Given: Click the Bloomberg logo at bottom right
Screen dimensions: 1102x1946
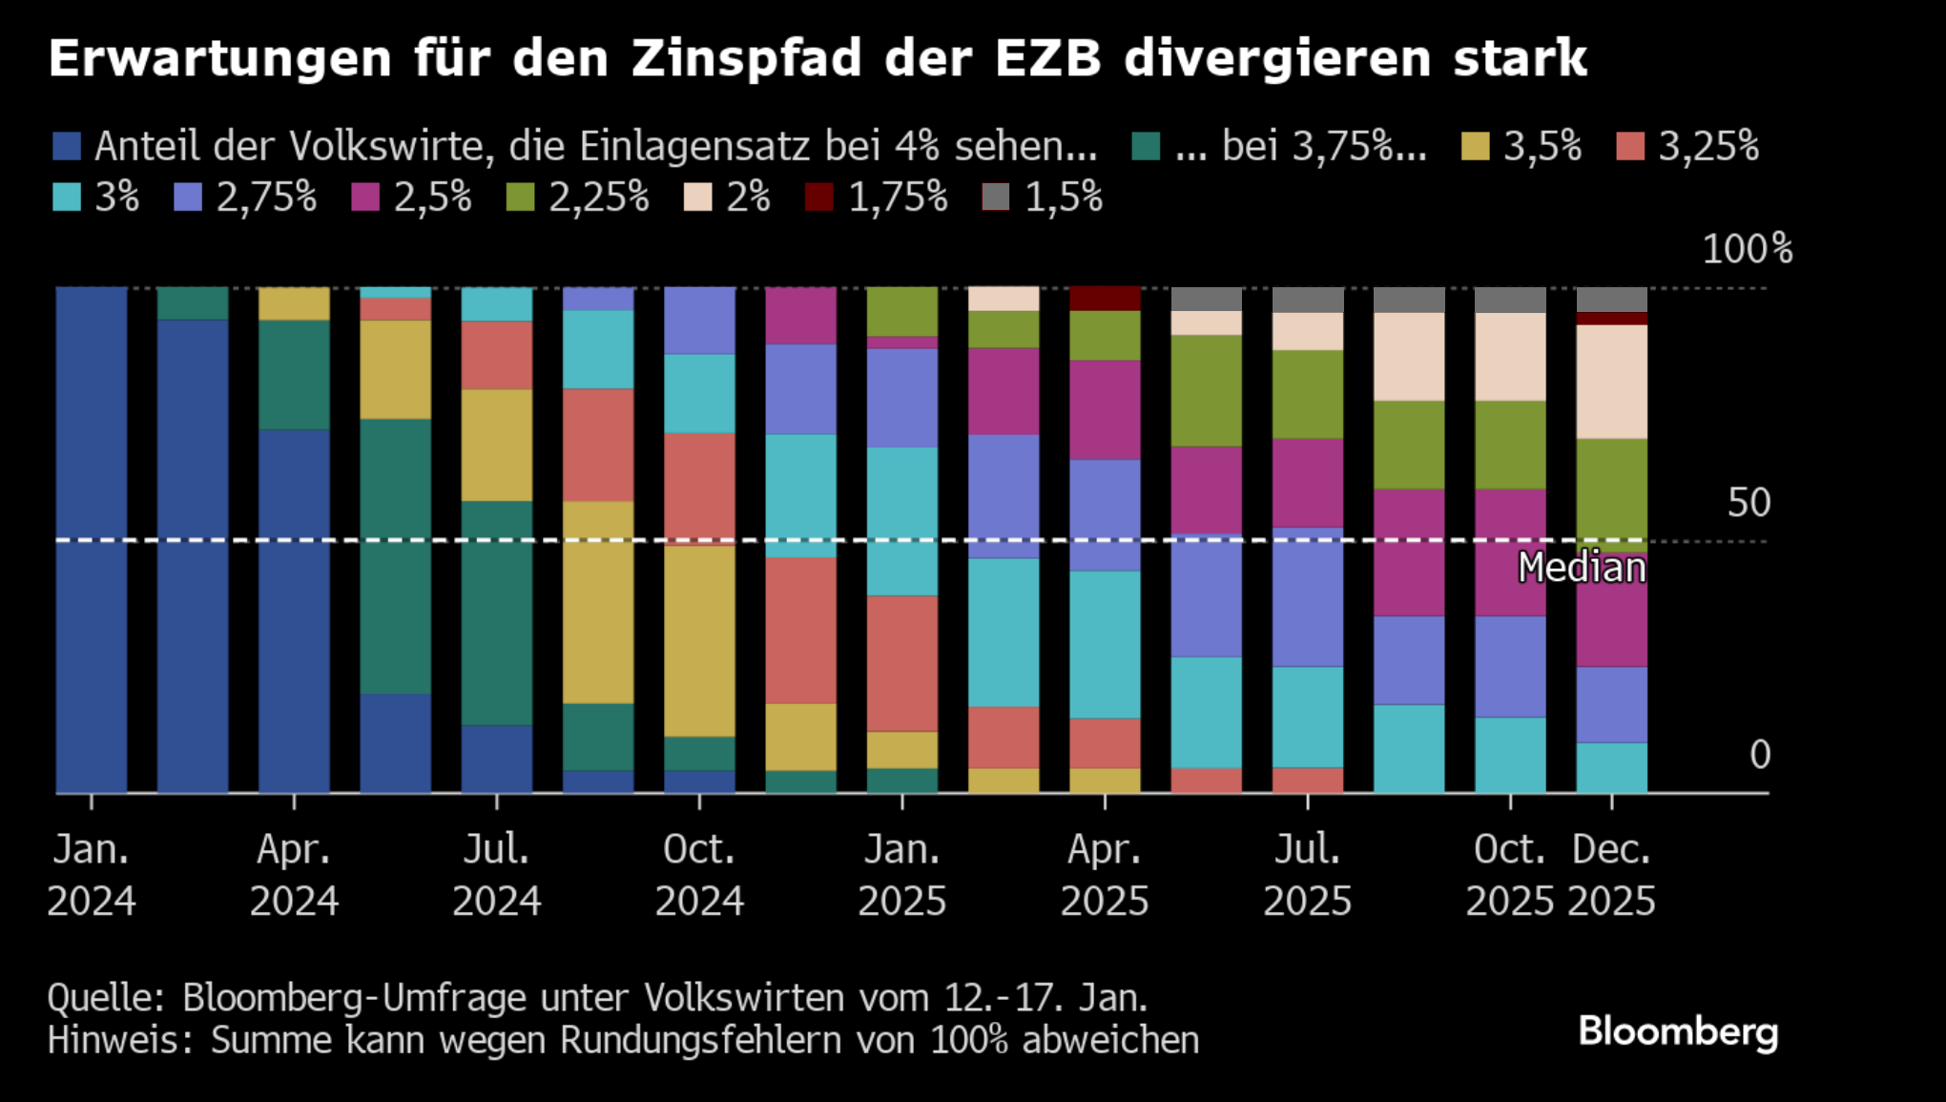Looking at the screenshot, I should coord(1678,1032).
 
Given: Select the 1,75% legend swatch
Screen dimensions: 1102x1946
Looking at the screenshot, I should coord(818,198).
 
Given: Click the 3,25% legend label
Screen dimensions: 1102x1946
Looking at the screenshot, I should coord(1708,146).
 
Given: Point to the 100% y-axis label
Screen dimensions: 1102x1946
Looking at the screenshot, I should coord(1747,249).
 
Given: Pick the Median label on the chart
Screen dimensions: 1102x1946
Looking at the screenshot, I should coord(1582,568).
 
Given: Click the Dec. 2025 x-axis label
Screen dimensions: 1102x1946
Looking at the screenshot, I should coord(1611,875).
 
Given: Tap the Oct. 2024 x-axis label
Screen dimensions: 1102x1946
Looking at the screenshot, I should coord(699,875).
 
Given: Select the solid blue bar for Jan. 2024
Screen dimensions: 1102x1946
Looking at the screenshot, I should coord(92,539).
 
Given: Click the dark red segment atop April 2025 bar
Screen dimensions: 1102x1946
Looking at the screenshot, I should coord(1105,299).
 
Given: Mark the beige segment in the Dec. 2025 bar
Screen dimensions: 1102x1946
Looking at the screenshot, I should coord(1611,382).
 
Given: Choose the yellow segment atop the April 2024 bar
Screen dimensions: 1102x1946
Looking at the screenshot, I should coord(294,303).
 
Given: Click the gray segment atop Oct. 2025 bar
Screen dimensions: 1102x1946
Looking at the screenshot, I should coord(1510,300).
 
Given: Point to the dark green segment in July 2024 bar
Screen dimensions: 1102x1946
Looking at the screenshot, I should coord(497,613).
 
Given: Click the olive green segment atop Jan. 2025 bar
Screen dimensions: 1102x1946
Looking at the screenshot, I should coord(901,311).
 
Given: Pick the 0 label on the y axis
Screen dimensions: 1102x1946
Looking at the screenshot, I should coord(1760,755).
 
